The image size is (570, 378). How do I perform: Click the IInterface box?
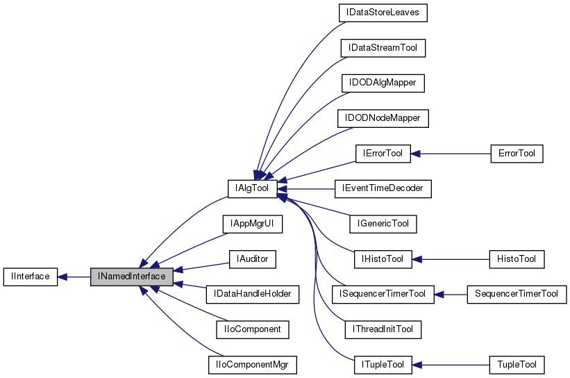pos(29,277)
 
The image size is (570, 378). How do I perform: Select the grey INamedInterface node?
pos(131,277)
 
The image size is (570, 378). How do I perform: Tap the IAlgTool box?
pos(253,188)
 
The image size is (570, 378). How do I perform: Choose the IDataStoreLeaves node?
pos(383,13)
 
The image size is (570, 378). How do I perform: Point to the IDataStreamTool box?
pos(383,48)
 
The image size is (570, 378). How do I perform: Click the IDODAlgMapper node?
pos(383,83)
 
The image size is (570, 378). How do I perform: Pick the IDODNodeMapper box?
pos(383,118)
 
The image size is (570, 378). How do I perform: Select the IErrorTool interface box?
pos(383,153)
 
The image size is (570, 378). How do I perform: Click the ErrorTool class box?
pos(517,153)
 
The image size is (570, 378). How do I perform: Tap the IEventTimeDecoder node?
pos(383,188)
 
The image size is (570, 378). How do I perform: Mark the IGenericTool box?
pos(383,224)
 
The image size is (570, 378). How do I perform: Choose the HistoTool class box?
pos(517,259)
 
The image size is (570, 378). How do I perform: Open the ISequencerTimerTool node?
pos(383,294)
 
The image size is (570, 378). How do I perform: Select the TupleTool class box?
pos(517,364)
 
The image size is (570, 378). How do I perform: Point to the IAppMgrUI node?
pos(253,224)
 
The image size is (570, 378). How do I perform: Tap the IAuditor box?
pos(253,259)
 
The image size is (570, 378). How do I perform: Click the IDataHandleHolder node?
pos(253,294)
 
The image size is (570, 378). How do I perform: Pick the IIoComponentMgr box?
pos(253,364)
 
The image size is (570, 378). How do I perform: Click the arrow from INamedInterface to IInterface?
pos(73,277)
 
